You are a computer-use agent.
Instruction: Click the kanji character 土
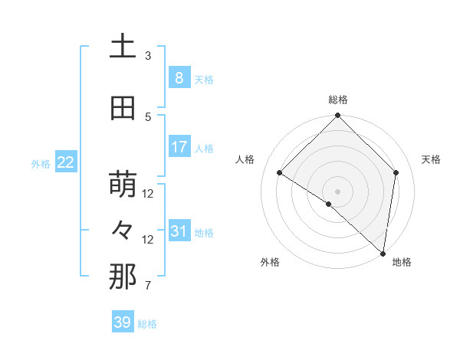(x=123, y=47)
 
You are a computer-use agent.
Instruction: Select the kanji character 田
(x=123, y=108)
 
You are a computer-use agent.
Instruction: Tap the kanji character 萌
(x=123, y=185)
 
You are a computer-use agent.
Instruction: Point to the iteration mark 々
(x=123, y=230)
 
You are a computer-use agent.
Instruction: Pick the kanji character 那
(x=123, y=277)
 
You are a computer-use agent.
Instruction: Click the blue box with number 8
(x=179, y=78)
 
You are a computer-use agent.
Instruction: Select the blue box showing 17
(x=179, y=147)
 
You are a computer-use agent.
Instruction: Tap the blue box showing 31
(x=179, y=231)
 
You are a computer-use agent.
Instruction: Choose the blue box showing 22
(x=65, y=162)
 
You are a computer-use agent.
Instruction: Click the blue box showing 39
(x=123, y=322)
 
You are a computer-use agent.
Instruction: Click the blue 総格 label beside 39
(x=147, y=324)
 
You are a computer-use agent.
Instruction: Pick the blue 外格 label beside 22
(x=41, y=163)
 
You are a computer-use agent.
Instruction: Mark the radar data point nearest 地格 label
(x=383, y=253)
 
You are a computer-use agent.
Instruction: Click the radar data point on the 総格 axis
(x=337, y=116)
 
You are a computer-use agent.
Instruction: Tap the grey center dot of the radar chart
(x=337, y=191)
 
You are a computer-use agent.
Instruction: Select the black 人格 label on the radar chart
(x=245, y=159)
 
